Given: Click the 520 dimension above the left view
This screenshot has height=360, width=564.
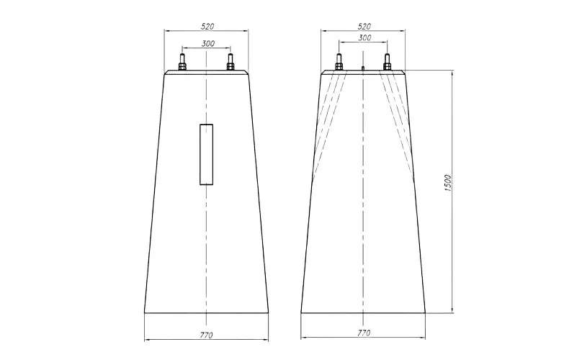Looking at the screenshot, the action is pos(207,26).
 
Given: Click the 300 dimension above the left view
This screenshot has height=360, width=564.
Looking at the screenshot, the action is pos(208,43).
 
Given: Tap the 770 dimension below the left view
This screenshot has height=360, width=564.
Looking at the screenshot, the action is pos(206,336).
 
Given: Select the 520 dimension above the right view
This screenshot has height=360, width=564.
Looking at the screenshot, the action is pos(364,26).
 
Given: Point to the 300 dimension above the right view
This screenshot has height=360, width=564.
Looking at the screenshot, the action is pos(364,37).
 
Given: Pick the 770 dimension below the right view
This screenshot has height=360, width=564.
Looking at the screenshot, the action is pos(364,333).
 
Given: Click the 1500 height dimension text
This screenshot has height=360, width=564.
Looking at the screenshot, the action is pos(447,183).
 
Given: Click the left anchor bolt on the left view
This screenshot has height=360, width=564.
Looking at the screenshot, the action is pos(182,62).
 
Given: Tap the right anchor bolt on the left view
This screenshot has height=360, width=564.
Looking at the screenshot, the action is pos(230,62).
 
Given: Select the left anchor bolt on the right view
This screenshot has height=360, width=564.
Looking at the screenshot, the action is pos(339,62).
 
